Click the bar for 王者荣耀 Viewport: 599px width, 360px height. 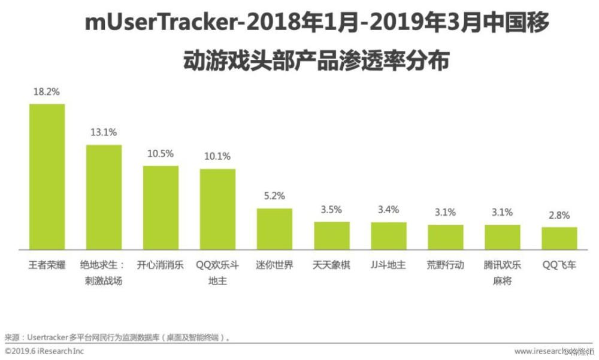click(47, 176)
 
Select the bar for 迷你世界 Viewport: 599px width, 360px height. click(275, 228)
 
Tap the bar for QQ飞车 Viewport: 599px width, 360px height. click(559, 238)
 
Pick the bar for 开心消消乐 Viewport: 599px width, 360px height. click(161, 207)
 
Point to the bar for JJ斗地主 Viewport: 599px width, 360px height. click(389, 235)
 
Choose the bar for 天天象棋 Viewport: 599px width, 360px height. click(332, 235)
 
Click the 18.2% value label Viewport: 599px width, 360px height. click(47, 93)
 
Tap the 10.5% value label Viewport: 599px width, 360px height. click(161, 154)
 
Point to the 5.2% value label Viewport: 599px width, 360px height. click(274, 196)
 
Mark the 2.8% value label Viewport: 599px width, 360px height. click(559, 216)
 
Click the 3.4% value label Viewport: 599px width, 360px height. click(388, 210)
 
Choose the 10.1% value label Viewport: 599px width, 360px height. click(217, 157)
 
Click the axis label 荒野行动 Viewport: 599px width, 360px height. click(445, 265)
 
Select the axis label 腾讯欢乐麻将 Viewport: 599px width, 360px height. click(502, 273)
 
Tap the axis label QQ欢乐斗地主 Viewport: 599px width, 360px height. click(217, 273)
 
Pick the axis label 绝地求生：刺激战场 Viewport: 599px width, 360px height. click(104, 273)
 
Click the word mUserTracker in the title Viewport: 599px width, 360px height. click(156, 24)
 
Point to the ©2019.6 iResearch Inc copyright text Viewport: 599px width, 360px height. click(44, 350)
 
